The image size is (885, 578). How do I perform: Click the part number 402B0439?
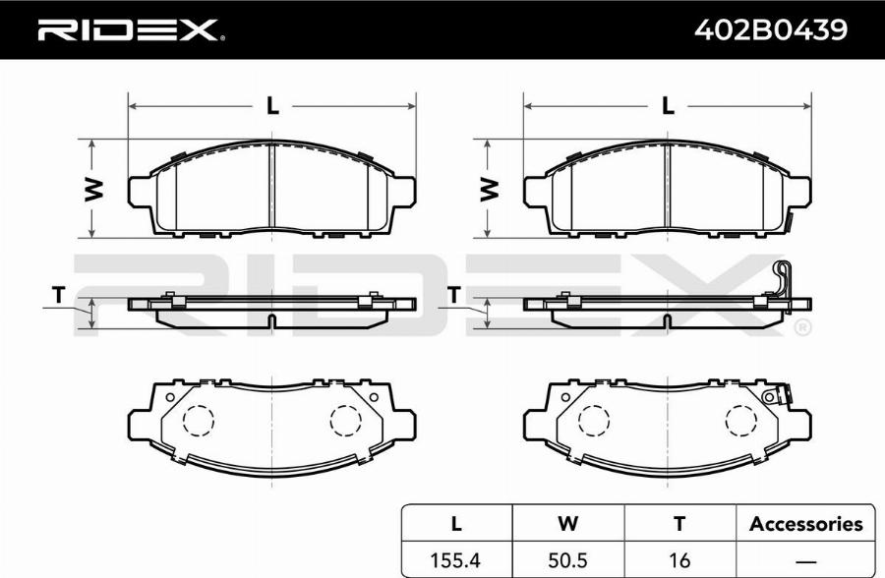[x=770, y=29]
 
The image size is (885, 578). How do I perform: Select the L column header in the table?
[x=456, y=523]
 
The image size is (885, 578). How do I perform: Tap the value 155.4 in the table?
[x=455, y=560]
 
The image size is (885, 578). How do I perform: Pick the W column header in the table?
[x=567, y=523]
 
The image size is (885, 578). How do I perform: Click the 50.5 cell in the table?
[x=567, y=560]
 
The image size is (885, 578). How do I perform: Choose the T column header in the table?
[x=679, y=523]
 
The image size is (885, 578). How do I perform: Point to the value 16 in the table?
[x=679, y=560]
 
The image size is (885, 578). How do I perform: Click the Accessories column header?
[x=806, y=524]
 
